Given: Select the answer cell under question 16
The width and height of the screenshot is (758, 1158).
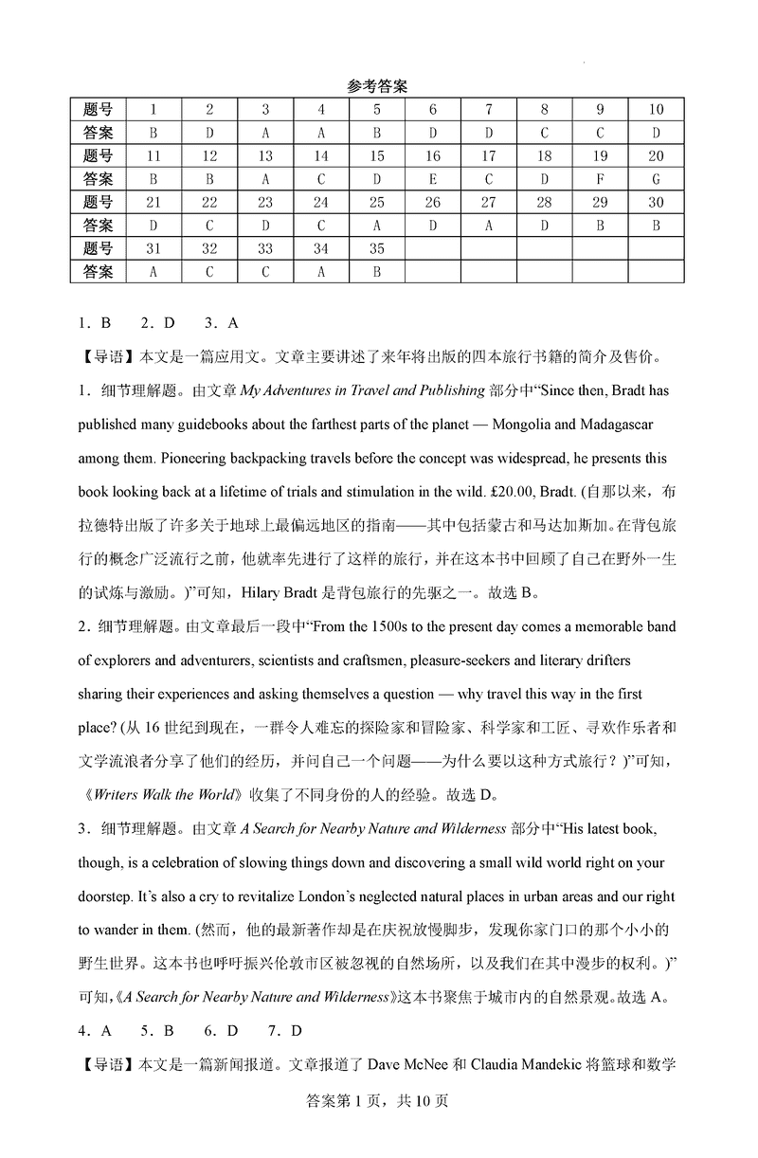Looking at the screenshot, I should click(433, 179).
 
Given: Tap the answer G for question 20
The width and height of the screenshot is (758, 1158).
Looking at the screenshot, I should click(656, 179).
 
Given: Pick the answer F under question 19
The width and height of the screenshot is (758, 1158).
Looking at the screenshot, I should click(600, 179).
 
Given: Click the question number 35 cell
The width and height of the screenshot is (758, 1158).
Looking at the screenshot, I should click(377, 248).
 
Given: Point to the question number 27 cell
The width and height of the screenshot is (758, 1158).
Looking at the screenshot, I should click(489, 202).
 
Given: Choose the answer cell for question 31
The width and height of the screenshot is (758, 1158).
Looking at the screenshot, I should click(153, 271).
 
